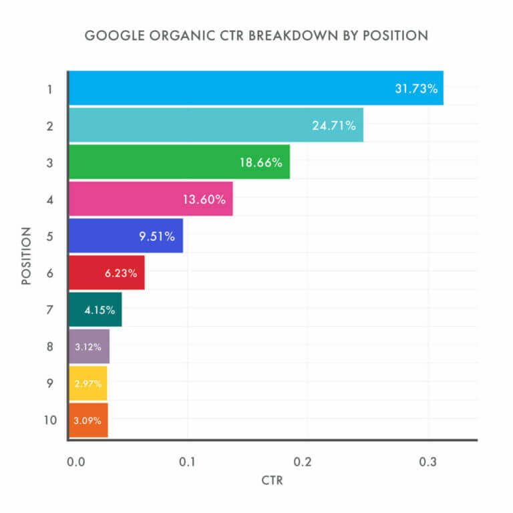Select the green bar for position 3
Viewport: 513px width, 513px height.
point(179,162)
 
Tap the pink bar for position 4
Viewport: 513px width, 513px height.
point(150,198)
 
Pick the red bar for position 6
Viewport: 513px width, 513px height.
point(106,273)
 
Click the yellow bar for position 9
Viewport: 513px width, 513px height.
point(88,383)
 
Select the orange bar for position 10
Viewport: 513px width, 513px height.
point(88,420)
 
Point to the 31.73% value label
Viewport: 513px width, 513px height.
point(416,88)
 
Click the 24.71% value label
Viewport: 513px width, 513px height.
point(334,125)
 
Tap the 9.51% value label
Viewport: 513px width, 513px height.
point(158,236)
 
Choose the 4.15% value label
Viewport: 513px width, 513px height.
point(100,310)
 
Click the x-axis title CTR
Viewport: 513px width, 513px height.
point(273,481)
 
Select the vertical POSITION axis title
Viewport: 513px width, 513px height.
point(27,256)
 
